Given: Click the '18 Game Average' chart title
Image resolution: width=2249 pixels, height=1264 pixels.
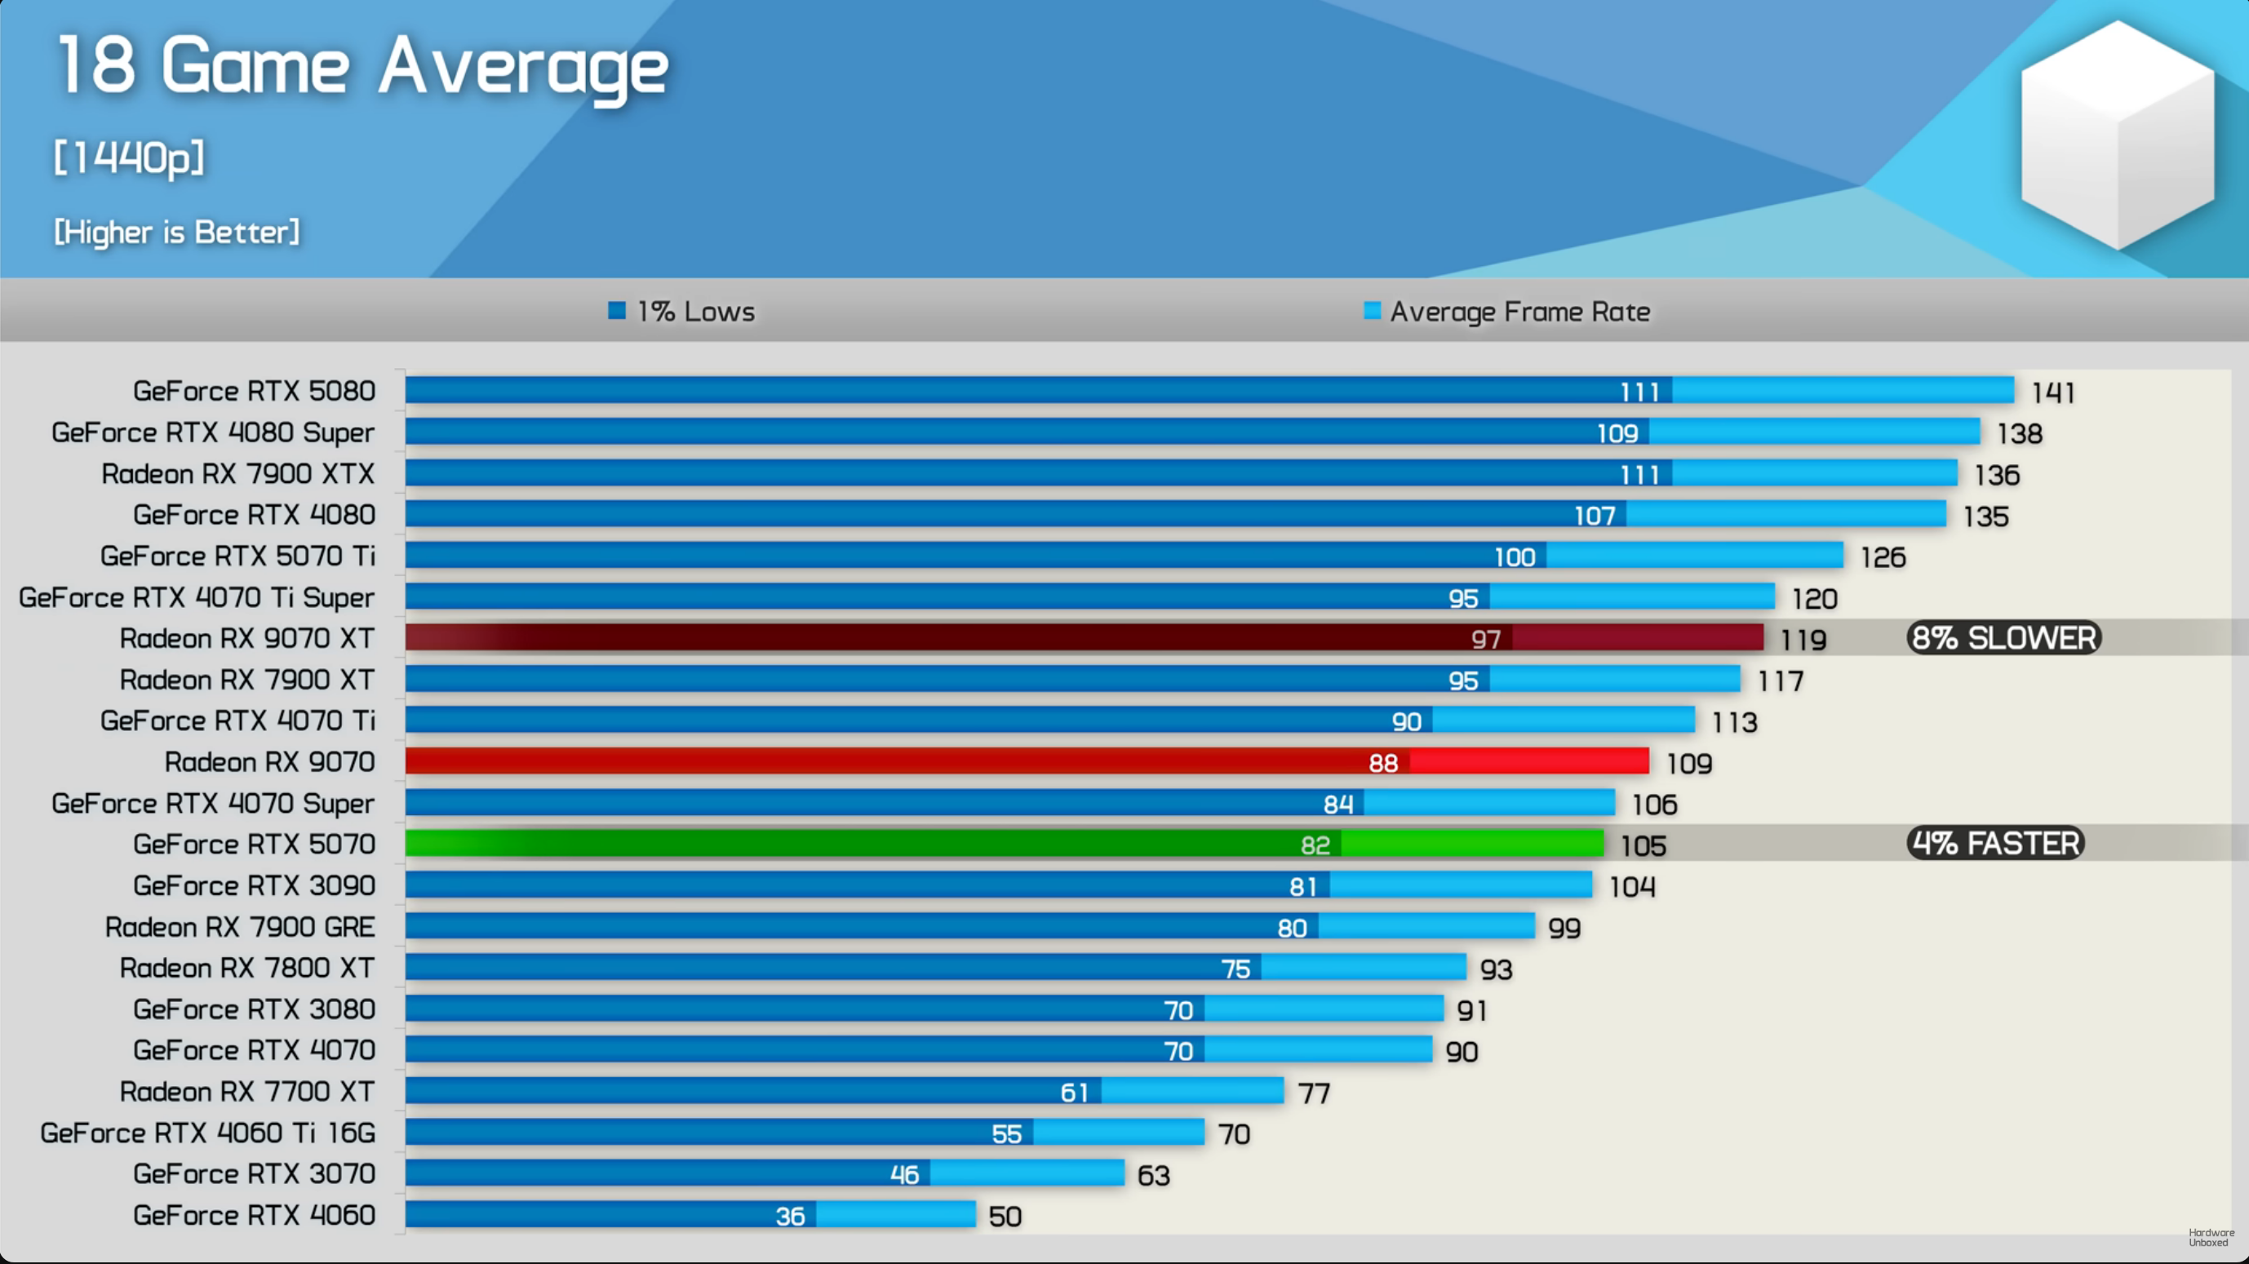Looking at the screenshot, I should point(362,66).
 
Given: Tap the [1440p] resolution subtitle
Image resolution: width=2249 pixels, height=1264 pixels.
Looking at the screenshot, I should point(129,158).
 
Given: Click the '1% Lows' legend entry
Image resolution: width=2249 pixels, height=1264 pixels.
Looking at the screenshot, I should point(682,312).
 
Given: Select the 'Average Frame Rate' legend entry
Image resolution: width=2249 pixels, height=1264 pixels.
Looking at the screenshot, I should point(1507,312).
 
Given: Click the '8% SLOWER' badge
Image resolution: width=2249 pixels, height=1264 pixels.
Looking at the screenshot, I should point(2003,638).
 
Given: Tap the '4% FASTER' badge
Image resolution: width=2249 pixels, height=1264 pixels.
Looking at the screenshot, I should point(1995,843).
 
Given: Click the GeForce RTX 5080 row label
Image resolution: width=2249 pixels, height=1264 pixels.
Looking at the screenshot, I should point(254,391).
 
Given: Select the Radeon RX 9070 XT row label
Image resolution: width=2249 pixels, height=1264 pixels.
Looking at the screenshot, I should point(247,638).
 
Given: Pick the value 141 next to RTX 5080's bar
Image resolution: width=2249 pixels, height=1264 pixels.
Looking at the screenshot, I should point(2052,393).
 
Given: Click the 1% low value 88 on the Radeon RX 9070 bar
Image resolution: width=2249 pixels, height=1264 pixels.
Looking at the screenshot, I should point(1383,764).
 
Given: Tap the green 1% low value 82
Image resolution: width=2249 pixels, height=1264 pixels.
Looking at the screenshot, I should point(1315,845).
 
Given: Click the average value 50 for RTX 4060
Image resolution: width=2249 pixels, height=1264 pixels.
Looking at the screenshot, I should point(1005,1217).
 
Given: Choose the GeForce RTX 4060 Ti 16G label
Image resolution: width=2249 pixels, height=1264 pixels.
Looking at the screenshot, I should point(208,1133).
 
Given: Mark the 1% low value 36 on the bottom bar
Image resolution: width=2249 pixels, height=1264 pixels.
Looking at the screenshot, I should point(790,1217).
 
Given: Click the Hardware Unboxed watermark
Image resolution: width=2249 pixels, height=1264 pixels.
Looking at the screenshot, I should point(2211,1238).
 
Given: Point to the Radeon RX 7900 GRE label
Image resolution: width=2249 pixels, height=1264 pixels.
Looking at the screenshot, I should point(240,927).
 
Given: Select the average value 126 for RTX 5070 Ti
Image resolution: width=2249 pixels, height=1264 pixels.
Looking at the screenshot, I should point(1883,558).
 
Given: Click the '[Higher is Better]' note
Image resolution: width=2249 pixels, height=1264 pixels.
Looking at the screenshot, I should point(176,233).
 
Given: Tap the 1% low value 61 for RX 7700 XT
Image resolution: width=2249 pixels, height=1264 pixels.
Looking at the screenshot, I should point(1074,1093).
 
